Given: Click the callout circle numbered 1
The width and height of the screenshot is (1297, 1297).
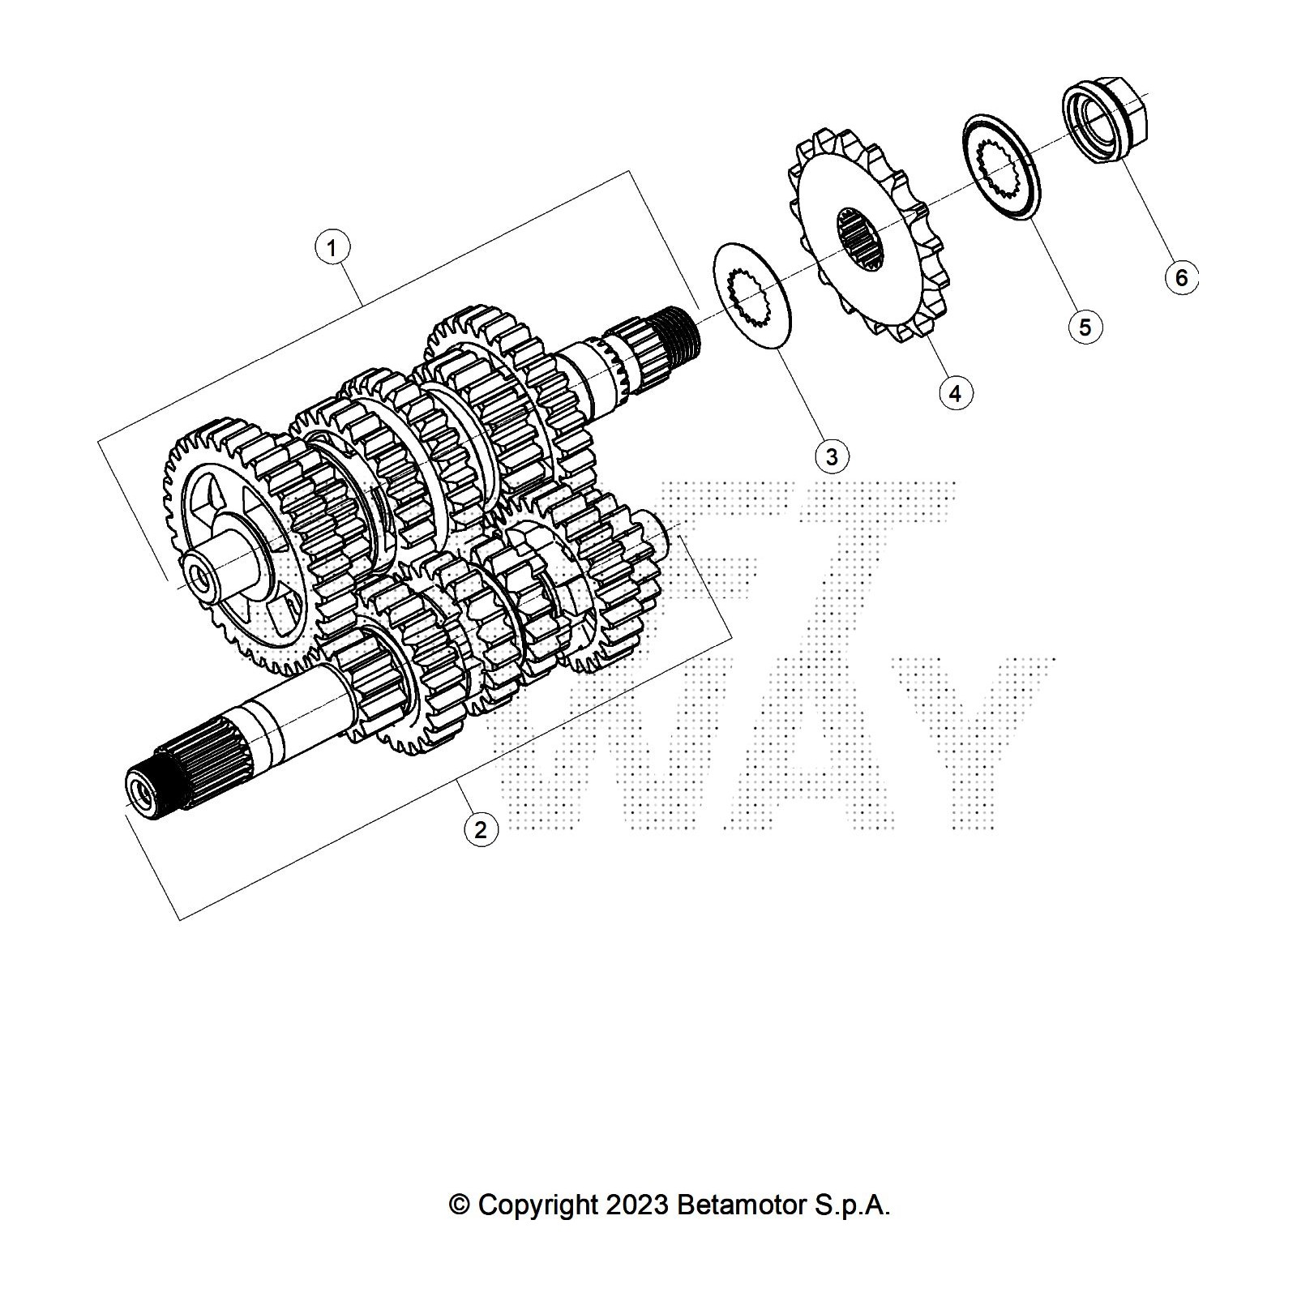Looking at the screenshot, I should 332,246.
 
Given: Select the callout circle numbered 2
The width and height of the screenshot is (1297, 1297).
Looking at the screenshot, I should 481,829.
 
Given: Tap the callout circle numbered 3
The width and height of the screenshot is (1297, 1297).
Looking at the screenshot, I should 832,456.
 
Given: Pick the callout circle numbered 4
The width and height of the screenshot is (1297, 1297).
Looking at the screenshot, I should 956,393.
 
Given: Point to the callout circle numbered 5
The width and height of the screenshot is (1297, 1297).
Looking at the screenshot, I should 1085,327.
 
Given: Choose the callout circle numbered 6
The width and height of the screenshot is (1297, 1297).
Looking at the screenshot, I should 1181,278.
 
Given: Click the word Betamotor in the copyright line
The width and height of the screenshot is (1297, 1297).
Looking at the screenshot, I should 739,1205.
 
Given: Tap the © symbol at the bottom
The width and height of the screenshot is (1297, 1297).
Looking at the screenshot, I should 460,1205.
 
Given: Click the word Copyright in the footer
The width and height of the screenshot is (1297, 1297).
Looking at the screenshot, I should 537,1205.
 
